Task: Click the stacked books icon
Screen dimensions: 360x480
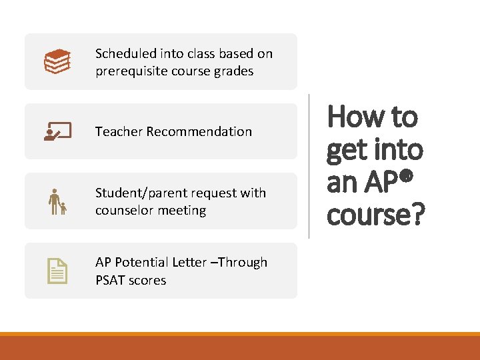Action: coord(57,61)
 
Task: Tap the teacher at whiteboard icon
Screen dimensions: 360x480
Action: coord(57,131)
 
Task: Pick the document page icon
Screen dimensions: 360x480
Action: coord(57,271)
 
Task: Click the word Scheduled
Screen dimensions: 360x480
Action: coord(125,53)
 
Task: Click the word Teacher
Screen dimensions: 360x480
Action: coord(119,131)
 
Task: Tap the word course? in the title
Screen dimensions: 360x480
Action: coord(375,215)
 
